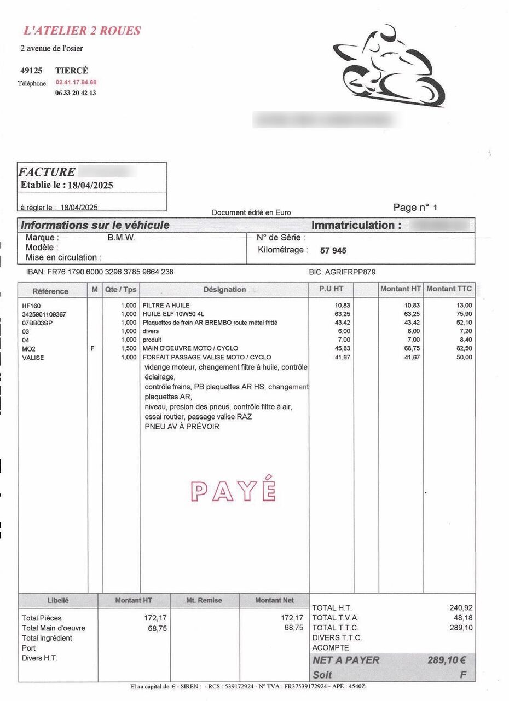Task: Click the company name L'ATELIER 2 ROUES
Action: (82, 31)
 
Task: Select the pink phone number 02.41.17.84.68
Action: (76, 82)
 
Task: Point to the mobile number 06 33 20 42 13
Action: (76, 93)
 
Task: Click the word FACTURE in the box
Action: (47, 172)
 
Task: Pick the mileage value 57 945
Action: (333, 251)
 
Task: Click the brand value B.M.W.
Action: (122, 238)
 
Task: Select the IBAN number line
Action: (100, 272)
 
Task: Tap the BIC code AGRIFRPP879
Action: (342, 272)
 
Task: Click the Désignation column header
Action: (224, 290)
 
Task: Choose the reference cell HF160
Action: (32, 306)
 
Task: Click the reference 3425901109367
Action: (44, 314)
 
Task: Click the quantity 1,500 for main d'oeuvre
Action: (128, 348)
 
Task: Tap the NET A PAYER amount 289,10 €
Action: (446, 660)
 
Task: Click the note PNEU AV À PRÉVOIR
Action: (182, 427)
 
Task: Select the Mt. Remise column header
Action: (204, 600)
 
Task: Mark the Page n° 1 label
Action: (415, 207)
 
